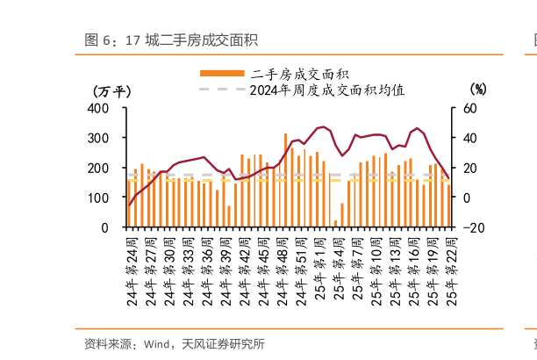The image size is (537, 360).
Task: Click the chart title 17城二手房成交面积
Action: pyautogui.click(x=171, y=40)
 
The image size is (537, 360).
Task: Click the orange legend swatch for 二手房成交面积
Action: pyautogui.click(x=222, y=73)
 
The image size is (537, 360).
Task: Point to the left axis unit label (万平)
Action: pyautogui.click(x=112, y=90)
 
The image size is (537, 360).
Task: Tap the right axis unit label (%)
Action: pyautogui.click(x=477, y=89)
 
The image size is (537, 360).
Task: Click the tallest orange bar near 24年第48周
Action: pyautogui.click(x=286, y=180)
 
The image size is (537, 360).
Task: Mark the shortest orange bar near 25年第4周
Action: pyautogui.click(x=335, y=223)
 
